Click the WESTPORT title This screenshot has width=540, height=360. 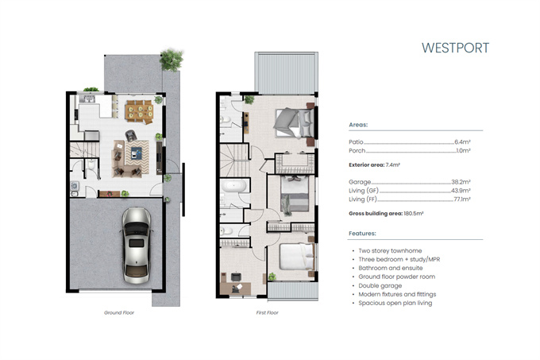(455, 48)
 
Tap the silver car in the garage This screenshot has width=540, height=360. (137, 246)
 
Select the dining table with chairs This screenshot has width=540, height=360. (140, 111)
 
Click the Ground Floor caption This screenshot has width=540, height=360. (119, 313)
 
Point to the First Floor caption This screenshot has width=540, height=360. (268, 313)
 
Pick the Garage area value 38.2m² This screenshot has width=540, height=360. (461, 182)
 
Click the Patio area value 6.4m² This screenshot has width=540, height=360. (462, 142)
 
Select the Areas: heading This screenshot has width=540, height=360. (358, 125)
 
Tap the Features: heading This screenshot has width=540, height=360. (362, 233)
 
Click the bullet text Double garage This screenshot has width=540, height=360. (380, 285)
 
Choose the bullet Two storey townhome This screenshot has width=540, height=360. (390, 251)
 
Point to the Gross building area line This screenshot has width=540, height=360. (386, 214)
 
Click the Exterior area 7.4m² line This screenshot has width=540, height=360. (374, 165)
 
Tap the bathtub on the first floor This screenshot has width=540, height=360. (233, 186)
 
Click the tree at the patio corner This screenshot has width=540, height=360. (172, 60)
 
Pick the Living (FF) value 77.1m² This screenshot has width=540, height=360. (462, 199)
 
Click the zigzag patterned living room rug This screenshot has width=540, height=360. (137, 157)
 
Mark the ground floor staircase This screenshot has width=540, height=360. (85, 150)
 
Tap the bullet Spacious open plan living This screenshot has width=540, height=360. (395, 303)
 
